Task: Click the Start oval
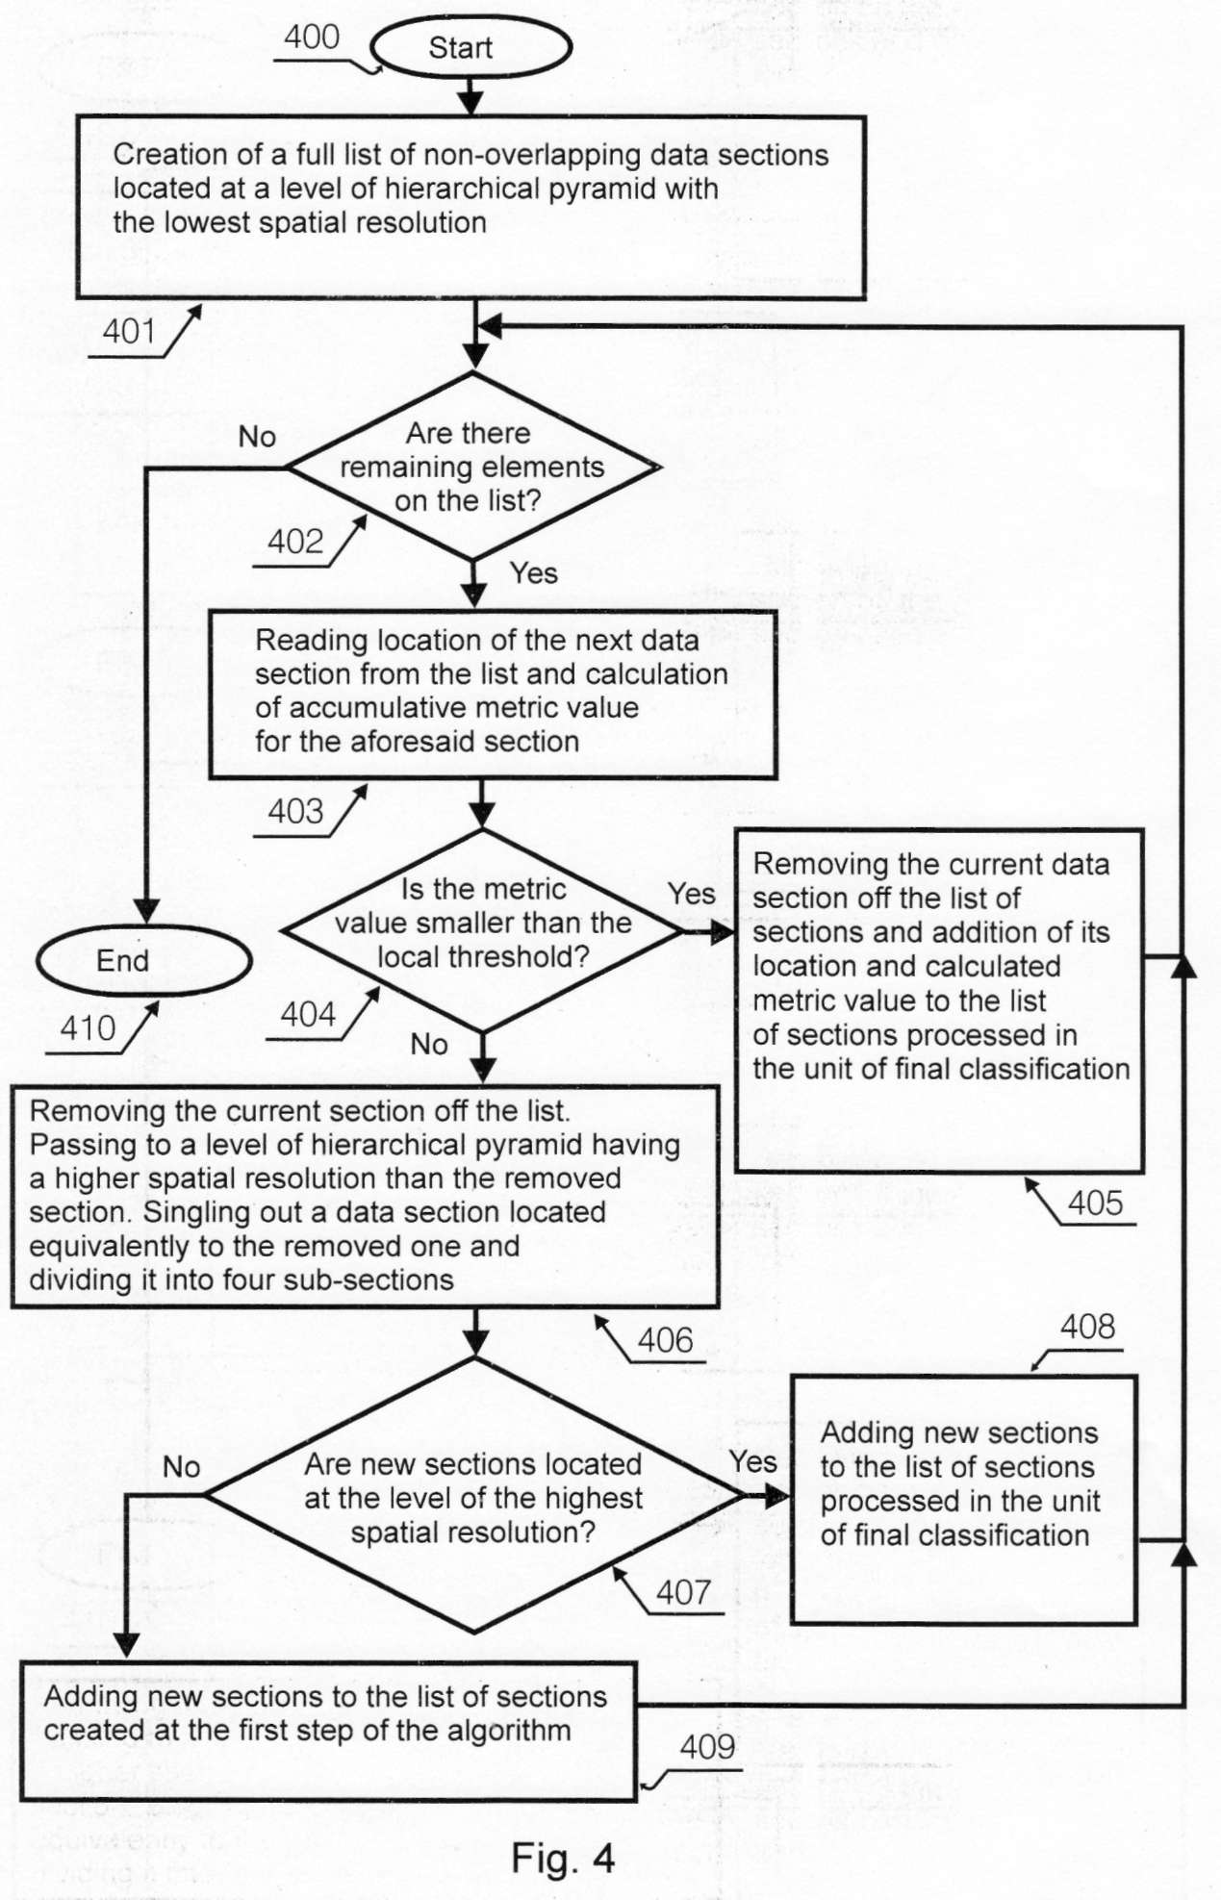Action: [471, 47]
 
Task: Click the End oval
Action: [144, 960]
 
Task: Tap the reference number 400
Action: [312, 38]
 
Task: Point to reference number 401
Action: [129, 331]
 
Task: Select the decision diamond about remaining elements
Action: [473, 467]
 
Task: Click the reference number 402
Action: [295, 542]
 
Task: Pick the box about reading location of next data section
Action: [493, 694]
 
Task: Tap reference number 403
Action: [295, 811]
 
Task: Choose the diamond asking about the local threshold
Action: [482, 929]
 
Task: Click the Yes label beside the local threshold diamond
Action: [692, 893]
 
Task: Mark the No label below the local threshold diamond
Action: [429, 1044]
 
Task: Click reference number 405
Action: [1096, 1203]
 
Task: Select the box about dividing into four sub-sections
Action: [366, 1197]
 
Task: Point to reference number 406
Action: [665, 1340]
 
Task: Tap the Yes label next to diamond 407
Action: [752, 1461]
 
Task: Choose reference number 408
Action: [1087, 1327]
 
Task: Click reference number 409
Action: [707, 1746]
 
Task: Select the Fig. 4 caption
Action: [563, 1858]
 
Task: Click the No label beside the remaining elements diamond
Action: [257, 437]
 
